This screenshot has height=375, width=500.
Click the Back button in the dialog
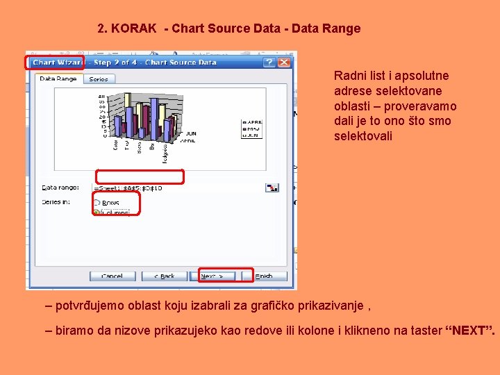coord(164,276)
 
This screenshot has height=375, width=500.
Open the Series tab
coord(99,79)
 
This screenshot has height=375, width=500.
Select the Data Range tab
coord(58,78)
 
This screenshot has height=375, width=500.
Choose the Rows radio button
coord(97,203)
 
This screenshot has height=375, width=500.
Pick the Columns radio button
coord(97,211)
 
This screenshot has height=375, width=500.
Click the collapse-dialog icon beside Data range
coord(272,187)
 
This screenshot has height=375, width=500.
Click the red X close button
coord(285,62)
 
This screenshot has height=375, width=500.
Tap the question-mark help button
coord(269,62)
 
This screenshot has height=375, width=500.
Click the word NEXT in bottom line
coord(469,331)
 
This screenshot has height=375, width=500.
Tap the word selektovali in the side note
coord(363,136)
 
